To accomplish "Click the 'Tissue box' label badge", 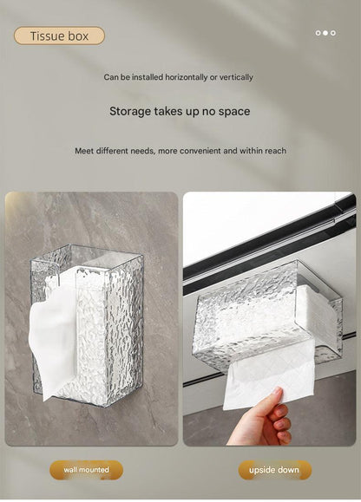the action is click(59, 36).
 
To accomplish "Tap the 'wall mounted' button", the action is click(86, 470).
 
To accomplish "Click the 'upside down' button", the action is click(274, 470).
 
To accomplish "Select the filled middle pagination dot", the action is click(325, 33).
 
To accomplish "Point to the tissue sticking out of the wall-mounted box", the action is click(53, 333).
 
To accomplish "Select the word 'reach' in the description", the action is click(275, 151).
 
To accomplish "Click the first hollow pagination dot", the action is click(318, 33).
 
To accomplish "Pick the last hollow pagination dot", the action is click(333, 33).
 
